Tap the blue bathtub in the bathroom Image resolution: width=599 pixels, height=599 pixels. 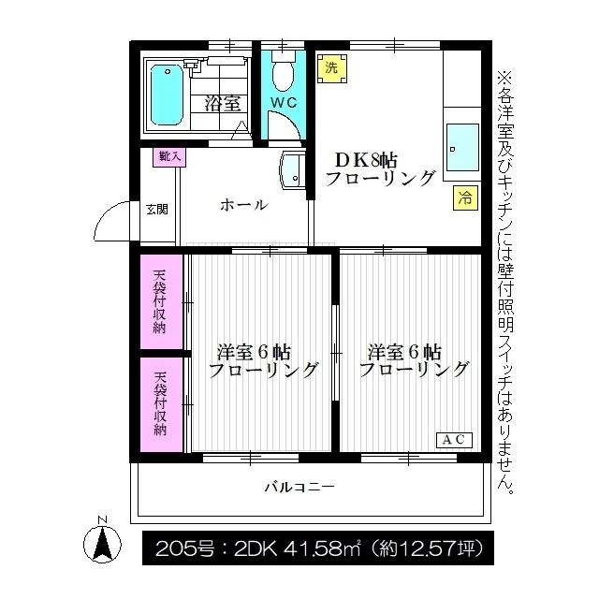pyautogui.click(x=166, y=96)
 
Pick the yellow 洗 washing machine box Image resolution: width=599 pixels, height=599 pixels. pyautogui.click(x=330, y=67)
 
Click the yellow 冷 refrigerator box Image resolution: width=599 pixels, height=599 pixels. pyautogui.click(x=464, y=197)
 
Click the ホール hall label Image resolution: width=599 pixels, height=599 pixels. pyautogui.click(x=243, y=205)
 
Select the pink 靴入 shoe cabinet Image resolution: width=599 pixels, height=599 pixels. pyautogui.click(x=169, y=157)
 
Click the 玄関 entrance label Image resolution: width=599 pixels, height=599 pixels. pyautogui.click(x=156, y=209)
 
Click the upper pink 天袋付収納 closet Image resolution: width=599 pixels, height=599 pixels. pyautogui.click(x=160, y=302)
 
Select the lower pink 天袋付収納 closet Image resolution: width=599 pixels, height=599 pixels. pyautogui.click(x=160, y=405)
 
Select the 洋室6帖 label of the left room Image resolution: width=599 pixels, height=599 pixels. pyautogui.click(x=253, y=353)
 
